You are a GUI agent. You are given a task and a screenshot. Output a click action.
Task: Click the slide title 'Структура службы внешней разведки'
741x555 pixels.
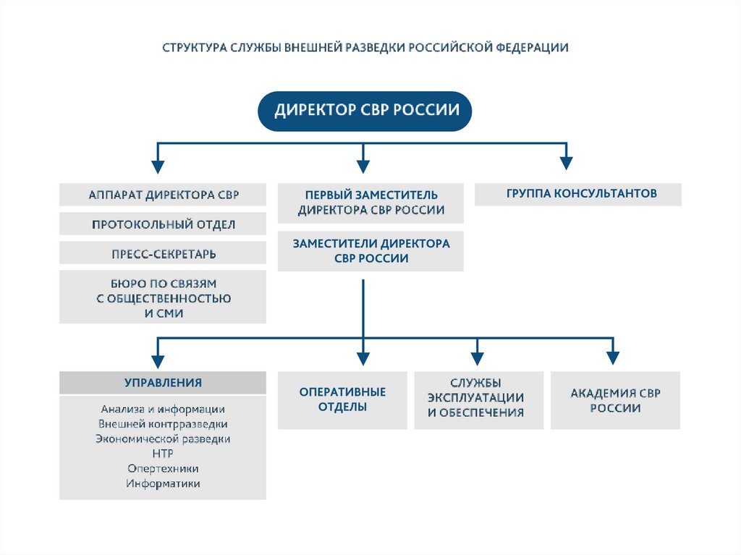(365, 48)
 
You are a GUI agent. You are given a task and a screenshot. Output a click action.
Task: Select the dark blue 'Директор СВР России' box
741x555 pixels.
(365, 111)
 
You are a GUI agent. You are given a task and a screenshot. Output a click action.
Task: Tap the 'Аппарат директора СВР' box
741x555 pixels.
(163, 195)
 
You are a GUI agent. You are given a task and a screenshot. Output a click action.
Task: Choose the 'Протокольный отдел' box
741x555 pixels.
(163, 224)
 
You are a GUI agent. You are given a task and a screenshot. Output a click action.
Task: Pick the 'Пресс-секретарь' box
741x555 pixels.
(163, 253)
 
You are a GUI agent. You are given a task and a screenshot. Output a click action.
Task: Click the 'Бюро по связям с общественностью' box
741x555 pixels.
(163, 297)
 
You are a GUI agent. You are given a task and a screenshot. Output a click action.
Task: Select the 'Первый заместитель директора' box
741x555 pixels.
(370, 203)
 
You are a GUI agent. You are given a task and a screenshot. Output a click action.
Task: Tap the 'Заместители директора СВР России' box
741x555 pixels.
(370, 251)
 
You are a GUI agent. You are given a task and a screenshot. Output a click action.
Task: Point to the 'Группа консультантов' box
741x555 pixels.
(577, 194)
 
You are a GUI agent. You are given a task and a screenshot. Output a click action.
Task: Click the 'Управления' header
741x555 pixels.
(163, 383)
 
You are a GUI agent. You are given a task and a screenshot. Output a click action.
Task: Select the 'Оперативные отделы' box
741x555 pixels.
(343, 399)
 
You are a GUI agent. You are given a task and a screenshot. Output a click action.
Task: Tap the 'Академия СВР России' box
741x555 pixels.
(615, 400)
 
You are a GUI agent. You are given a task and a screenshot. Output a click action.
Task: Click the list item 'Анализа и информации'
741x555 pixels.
(163, 410)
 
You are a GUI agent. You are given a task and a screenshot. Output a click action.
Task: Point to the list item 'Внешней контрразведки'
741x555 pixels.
(163, 424)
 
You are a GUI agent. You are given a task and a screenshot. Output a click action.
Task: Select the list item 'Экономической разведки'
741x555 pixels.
(163, 439)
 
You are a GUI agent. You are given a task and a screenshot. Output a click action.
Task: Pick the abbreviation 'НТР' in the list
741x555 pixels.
(163, 453)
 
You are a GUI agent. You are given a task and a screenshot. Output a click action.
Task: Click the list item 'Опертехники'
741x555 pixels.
(163, 468)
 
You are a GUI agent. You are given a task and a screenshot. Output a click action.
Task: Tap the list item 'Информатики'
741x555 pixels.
(163, 483)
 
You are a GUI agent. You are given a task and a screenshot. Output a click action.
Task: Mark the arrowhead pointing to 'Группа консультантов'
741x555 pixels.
(567, 165)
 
